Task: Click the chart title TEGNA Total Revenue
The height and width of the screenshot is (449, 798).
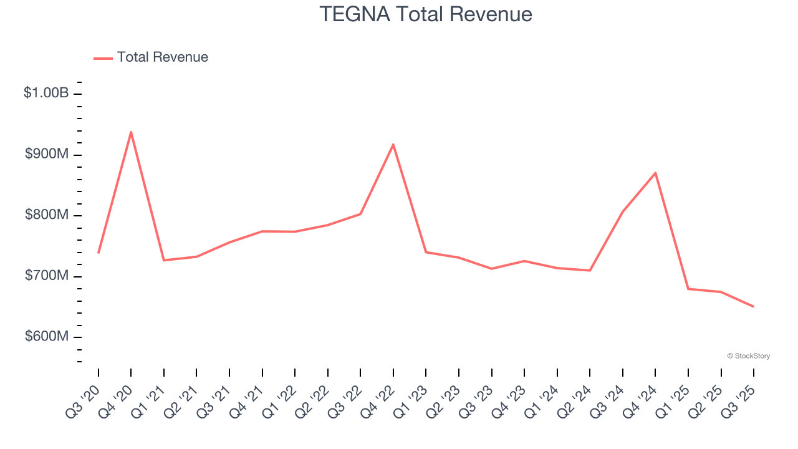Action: click(x=426, y=14)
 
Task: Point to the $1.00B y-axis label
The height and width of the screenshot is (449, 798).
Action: click(x=46, y=93)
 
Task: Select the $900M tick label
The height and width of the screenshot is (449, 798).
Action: click(x=47, y=154)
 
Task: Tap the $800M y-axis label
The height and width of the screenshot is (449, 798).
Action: click(x=47, y=215)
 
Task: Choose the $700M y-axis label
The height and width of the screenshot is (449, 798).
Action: click(x=47, y=276)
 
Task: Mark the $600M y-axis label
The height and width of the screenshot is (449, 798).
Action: click(x=47, y=337)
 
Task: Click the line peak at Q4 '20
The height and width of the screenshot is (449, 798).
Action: click(x=131, y=132)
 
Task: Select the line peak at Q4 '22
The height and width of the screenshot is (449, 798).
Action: click(x=393, y=144)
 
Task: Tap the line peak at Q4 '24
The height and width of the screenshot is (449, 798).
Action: click(x=655, y=173)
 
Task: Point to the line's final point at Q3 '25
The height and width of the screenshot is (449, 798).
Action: click(x=753, y=306)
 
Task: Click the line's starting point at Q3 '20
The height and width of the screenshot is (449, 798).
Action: click(x=99, y=253)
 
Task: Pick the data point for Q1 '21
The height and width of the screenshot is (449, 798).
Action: click(x=164, y=260)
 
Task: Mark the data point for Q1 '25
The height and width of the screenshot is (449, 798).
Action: click(x=688, y=289)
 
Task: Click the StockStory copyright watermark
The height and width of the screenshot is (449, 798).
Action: click(x=748, y=356)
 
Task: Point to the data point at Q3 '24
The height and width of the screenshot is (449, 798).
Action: click(x=623, y=211)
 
